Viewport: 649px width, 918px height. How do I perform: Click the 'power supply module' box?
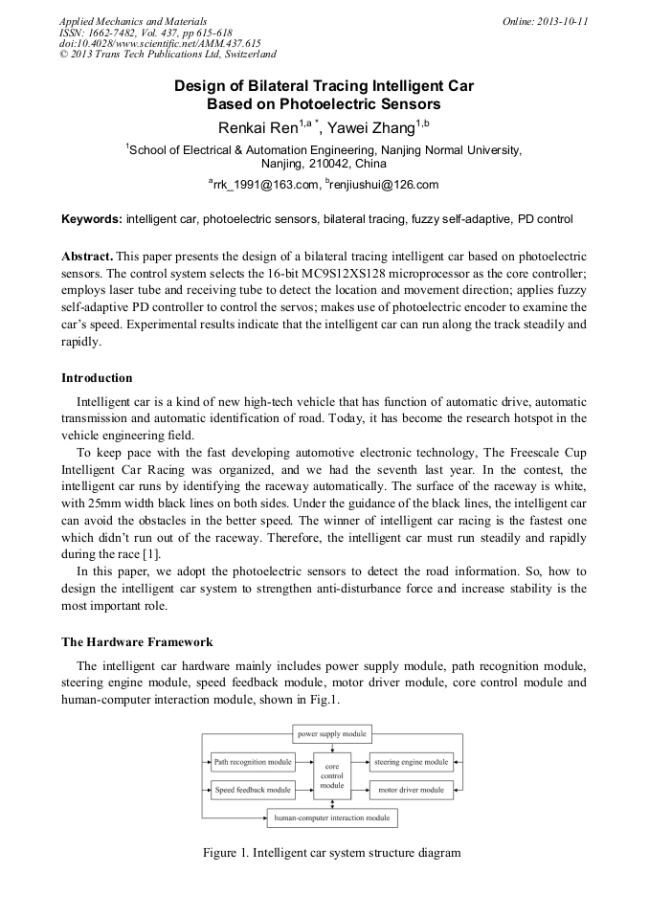tap(330, 734)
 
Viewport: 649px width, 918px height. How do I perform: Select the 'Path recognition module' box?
tap(253, 763)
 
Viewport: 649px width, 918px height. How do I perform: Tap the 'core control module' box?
tap(332, 776)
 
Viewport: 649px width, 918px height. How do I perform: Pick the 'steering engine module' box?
tap(411, 763)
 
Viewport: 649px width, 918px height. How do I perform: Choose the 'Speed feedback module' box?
tap(253, 790)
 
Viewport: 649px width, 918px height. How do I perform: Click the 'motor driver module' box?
tap(411, 790)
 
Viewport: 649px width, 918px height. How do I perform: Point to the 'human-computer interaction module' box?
tap(331, 818)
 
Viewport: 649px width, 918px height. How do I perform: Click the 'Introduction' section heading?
tap(97, 378)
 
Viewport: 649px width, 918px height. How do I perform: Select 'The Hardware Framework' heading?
tap(137, 641)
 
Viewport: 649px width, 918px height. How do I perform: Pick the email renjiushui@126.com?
tap(385, 185)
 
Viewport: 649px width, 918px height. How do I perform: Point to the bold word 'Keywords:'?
tap(92, 219)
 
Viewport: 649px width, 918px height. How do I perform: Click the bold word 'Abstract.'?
tap(87, 258)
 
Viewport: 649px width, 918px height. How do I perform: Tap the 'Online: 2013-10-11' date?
tap(545, 21)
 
